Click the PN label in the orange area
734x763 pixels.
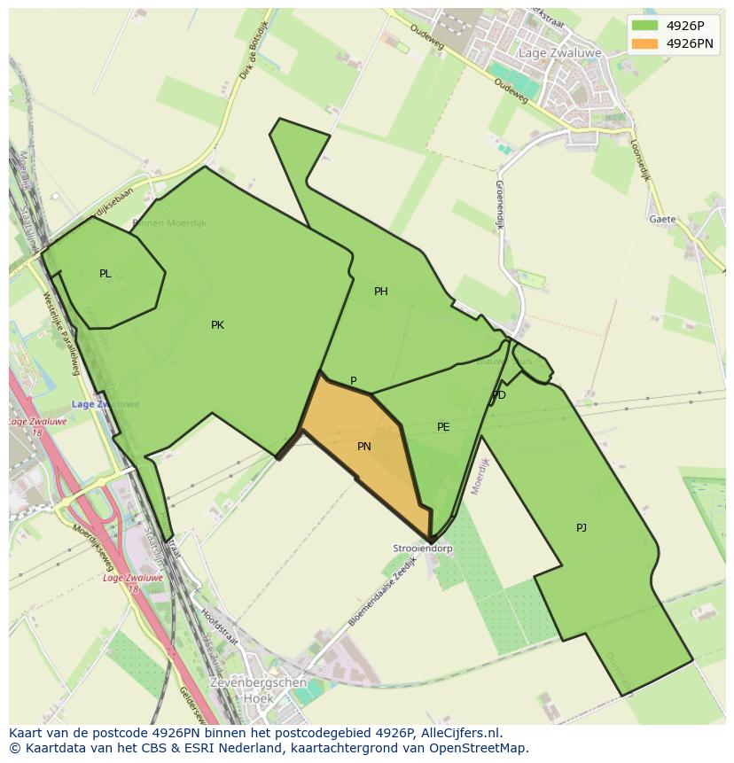tap(363, 447)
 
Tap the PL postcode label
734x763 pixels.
tap(105, 274)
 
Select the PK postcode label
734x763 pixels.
tap(217, 325)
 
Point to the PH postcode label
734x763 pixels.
tap(380, 292)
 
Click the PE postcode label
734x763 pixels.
tap(443, 427)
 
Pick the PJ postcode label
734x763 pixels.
tap(581, 528)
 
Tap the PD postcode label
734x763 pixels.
tap(499, 395)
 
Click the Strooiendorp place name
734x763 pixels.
tap(423, 549)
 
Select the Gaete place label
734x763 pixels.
tap(662, 219)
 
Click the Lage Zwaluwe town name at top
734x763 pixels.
tap(559, 53)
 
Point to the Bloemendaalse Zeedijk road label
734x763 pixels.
tap(381, 593)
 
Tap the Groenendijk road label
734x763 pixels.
tap(499, 205)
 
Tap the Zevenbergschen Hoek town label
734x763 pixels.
tap(257, 690)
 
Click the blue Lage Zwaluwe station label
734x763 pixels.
tap(105, 404)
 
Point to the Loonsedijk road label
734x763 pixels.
tap(641, 160)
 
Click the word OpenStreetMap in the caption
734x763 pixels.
tap(476, 748)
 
